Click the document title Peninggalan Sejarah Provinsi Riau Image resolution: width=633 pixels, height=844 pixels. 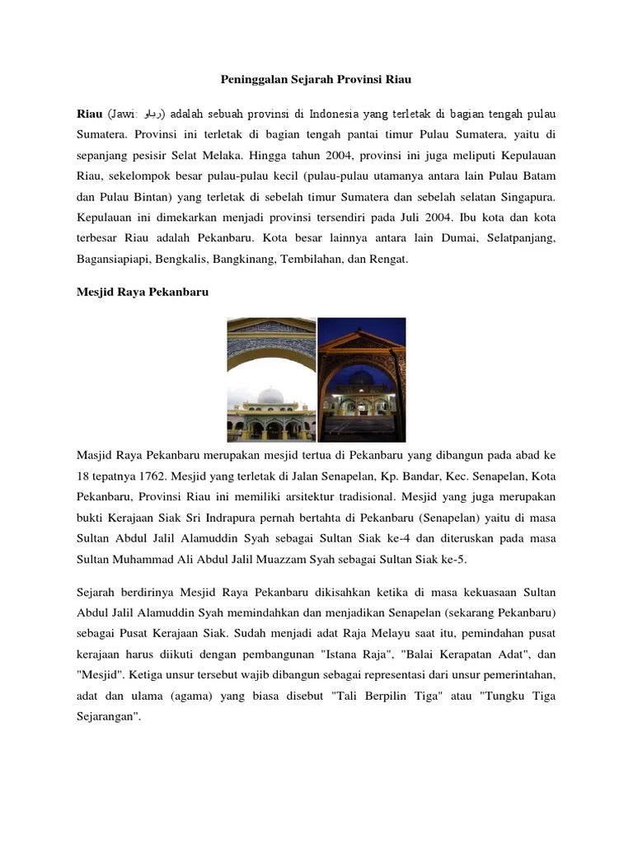point(316,80)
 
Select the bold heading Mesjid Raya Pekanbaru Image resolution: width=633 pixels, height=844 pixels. point(131,293)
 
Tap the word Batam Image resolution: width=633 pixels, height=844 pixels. point(537,176)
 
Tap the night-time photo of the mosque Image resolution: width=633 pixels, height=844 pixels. point(361,379)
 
